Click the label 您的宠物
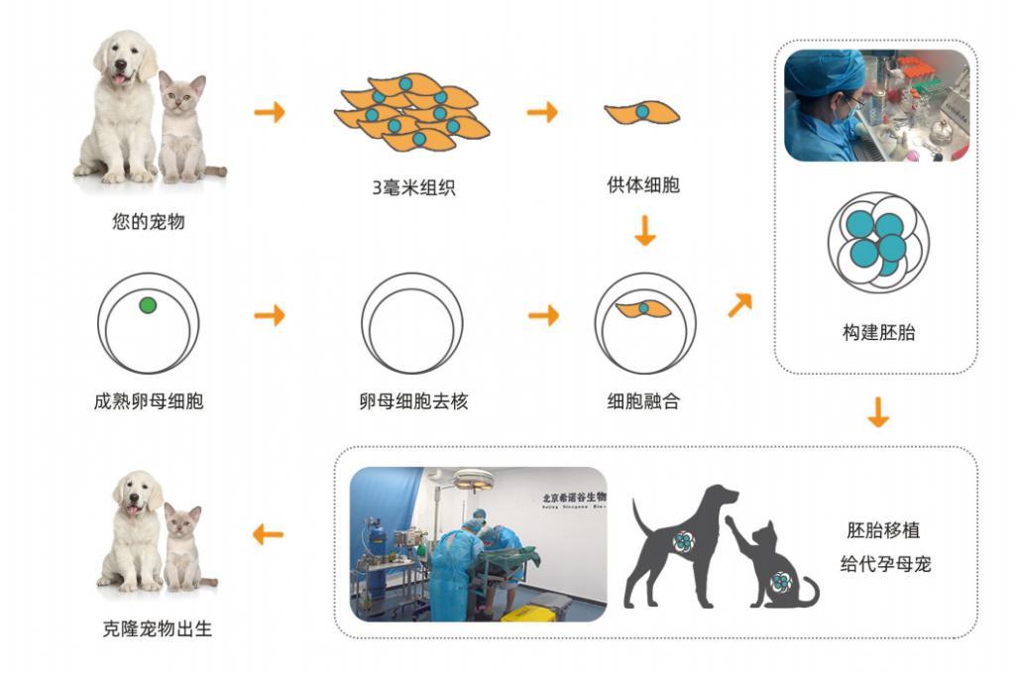(148, 221)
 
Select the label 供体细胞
(643, 184)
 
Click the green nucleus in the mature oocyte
(148, 305)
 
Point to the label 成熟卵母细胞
(148, 401)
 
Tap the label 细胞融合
(643, 401)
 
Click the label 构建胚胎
(878, 332)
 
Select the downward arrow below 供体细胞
(644, 232)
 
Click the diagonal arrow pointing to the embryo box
(739, 305)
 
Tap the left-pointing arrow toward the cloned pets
(268, 535)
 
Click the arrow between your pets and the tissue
(269, 112)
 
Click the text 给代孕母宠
(882, 565)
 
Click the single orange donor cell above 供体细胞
(642, 112)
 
